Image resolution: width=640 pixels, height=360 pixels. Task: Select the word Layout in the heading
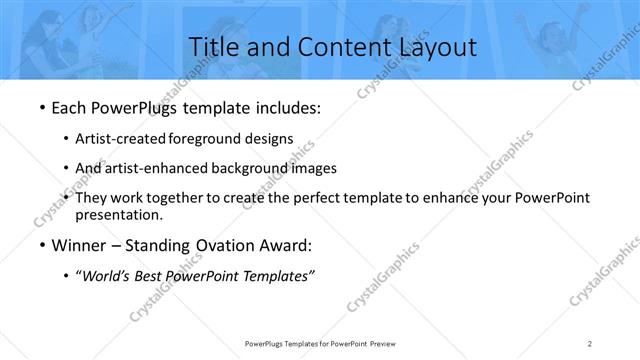[x=435, y=46]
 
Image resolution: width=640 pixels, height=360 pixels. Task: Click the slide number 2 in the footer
[x=590, y=344]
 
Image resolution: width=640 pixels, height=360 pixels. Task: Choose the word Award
[x=286, y=246]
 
